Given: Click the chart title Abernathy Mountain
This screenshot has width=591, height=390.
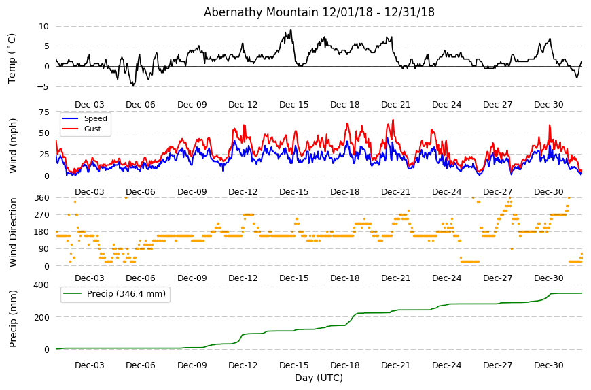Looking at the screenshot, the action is tap(261, 12).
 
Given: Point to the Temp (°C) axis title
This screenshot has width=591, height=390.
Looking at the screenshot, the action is tap(12, 58).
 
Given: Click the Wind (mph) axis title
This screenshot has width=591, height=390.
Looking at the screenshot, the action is tap(13, 146).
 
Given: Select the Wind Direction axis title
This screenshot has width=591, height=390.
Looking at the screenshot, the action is tap(13, 232).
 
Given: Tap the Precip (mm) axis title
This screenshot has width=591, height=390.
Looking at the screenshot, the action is tap(13, 319).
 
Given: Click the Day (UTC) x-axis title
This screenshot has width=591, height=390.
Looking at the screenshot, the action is tap(319, 378).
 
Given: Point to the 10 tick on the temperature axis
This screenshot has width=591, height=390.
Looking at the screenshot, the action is tap(43, 27).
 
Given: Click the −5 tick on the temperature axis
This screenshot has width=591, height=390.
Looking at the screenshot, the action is tap(43, 87).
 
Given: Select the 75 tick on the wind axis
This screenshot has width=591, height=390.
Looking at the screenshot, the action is tap(44, 112).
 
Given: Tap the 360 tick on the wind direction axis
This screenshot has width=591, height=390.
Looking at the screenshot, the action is tap(42, 198).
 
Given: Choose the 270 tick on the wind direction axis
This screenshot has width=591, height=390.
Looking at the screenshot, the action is tap(42, 215).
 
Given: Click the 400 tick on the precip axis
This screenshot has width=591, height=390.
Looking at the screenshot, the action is tap(42, 285).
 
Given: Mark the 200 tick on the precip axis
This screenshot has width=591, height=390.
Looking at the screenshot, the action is tap(42, 317).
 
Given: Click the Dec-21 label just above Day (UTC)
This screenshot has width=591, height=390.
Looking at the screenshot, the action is tap(395, 365).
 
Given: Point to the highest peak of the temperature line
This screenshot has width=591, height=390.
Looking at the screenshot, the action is tap(291, 30).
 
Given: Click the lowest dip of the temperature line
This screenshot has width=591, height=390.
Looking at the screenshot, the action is tap(133, 86).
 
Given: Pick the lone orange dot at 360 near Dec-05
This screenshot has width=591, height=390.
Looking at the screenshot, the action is tap(126, 197).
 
